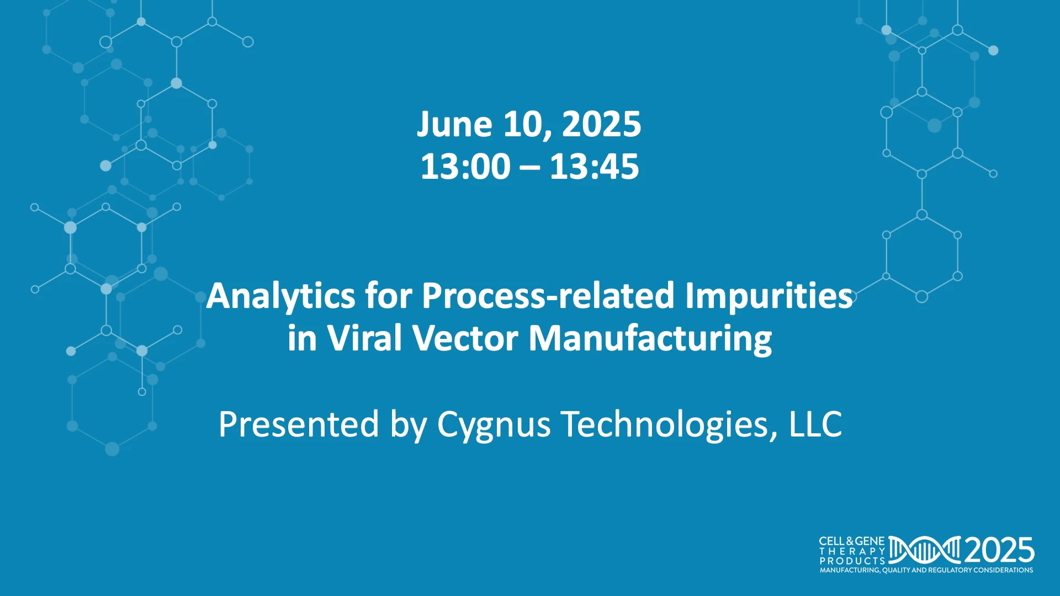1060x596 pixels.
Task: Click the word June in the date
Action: tap(454, 124)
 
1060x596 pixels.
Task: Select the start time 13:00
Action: tap(465, 167)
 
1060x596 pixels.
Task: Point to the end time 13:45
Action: tap(595, 167)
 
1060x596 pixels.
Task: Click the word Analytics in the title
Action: tap(281, 296)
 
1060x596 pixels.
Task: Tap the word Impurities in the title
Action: tap(769, 296)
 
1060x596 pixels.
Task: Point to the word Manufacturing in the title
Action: tap(650, 339)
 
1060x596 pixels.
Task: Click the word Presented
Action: tap(299, 424)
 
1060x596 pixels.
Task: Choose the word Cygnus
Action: tap(494, 425)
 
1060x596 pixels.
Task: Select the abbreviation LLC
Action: tap(815, 424)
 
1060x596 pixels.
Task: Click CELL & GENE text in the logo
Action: tap(852, 541)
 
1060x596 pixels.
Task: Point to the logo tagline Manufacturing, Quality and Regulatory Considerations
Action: tap(926, 570)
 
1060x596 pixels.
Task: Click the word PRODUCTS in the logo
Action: tap(852, 561)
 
